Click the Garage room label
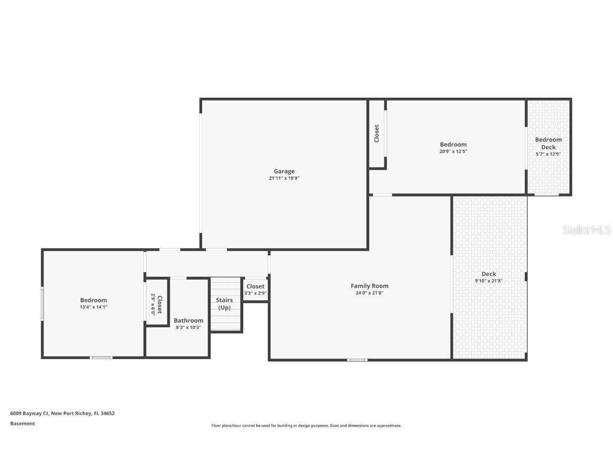[284, 171]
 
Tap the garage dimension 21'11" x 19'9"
[284, 178]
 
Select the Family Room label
[369, 286]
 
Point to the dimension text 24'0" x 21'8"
[369, 293]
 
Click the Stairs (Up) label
[225, 304]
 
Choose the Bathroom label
[188, 320]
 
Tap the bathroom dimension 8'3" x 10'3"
[188, 327]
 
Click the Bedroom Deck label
[548, 143]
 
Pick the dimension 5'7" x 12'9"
[548, 154]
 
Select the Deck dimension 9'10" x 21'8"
[488, 281]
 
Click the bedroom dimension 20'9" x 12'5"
[453, 151]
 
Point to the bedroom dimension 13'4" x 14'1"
[94, 307]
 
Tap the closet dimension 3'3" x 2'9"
[255, 293]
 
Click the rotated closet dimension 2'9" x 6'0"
[153, 304]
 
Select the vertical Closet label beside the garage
[377, 133]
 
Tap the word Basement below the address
[22, 423]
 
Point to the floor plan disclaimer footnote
[306, 426]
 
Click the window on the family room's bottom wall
[357, 360]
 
